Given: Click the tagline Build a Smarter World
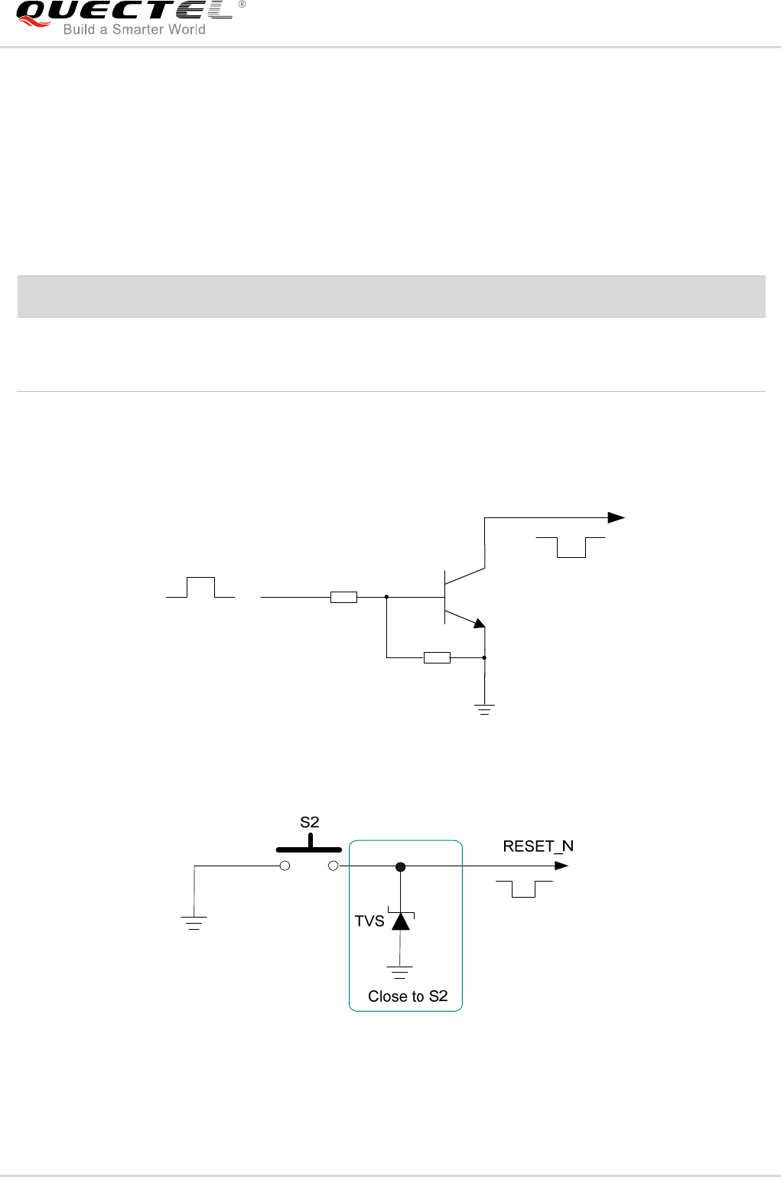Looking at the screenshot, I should [134, 30].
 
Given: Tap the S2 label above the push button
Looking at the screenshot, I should [309, 823].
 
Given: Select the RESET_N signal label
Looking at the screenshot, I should [538, 846].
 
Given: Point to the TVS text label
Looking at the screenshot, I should [369, 921].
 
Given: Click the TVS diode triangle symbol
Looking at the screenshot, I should [400, 921].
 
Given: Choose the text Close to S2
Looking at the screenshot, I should [407, 996].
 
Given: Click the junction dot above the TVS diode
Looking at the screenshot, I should [400, 867].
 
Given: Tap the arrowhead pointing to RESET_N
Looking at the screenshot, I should [562, 866].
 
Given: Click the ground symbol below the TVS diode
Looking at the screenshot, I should [399, 972].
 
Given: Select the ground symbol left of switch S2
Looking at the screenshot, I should [194, 922].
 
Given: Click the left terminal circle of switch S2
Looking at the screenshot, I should [285, 866].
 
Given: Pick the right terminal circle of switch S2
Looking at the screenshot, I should [333, 866].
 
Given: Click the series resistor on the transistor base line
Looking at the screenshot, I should [343, 597].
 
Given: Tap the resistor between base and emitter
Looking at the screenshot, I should [437, 657].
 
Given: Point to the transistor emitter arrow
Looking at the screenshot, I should [478, 623].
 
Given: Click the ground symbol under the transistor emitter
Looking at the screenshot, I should [484, 709].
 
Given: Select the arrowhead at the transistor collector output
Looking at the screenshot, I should [617, 518].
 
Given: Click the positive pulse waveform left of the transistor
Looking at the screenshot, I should [200, 588].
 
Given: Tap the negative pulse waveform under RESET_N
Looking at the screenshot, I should [524, 888].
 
